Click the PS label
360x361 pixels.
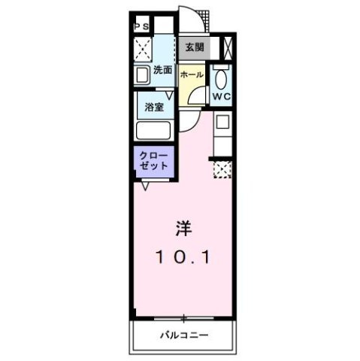coord(142,27)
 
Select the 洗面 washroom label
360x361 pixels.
coord(162,71)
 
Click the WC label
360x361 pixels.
coord(220,96)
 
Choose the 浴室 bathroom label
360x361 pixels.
coord(154,107)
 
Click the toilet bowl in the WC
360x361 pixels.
coord(220,79)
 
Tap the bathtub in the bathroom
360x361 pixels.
coord(154,130)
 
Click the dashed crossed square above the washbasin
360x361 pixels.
coord(143,49)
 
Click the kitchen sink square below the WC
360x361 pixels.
coord(222,123)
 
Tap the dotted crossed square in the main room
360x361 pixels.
coord(222,169)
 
